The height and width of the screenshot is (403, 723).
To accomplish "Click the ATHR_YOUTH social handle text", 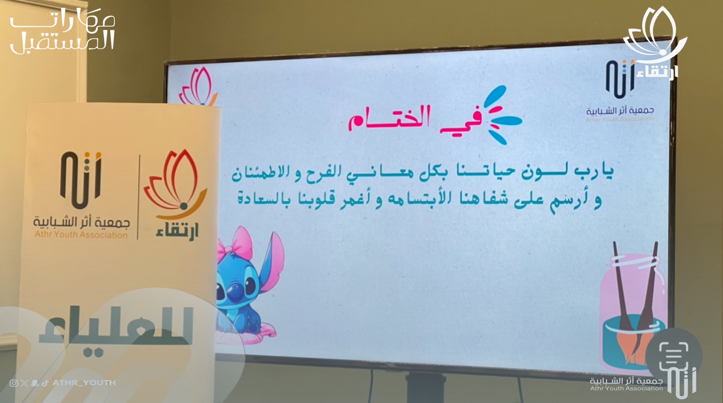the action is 84,383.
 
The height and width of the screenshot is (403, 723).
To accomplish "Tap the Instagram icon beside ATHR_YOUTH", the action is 14,383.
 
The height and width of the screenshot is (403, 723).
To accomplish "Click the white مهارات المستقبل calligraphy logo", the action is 62,30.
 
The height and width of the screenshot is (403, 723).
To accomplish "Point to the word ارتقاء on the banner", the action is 177,231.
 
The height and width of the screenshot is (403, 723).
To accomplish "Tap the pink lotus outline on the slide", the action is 198,86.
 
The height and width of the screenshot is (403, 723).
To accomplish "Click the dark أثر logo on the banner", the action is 81,180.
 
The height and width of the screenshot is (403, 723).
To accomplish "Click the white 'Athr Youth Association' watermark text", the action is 626,389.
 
